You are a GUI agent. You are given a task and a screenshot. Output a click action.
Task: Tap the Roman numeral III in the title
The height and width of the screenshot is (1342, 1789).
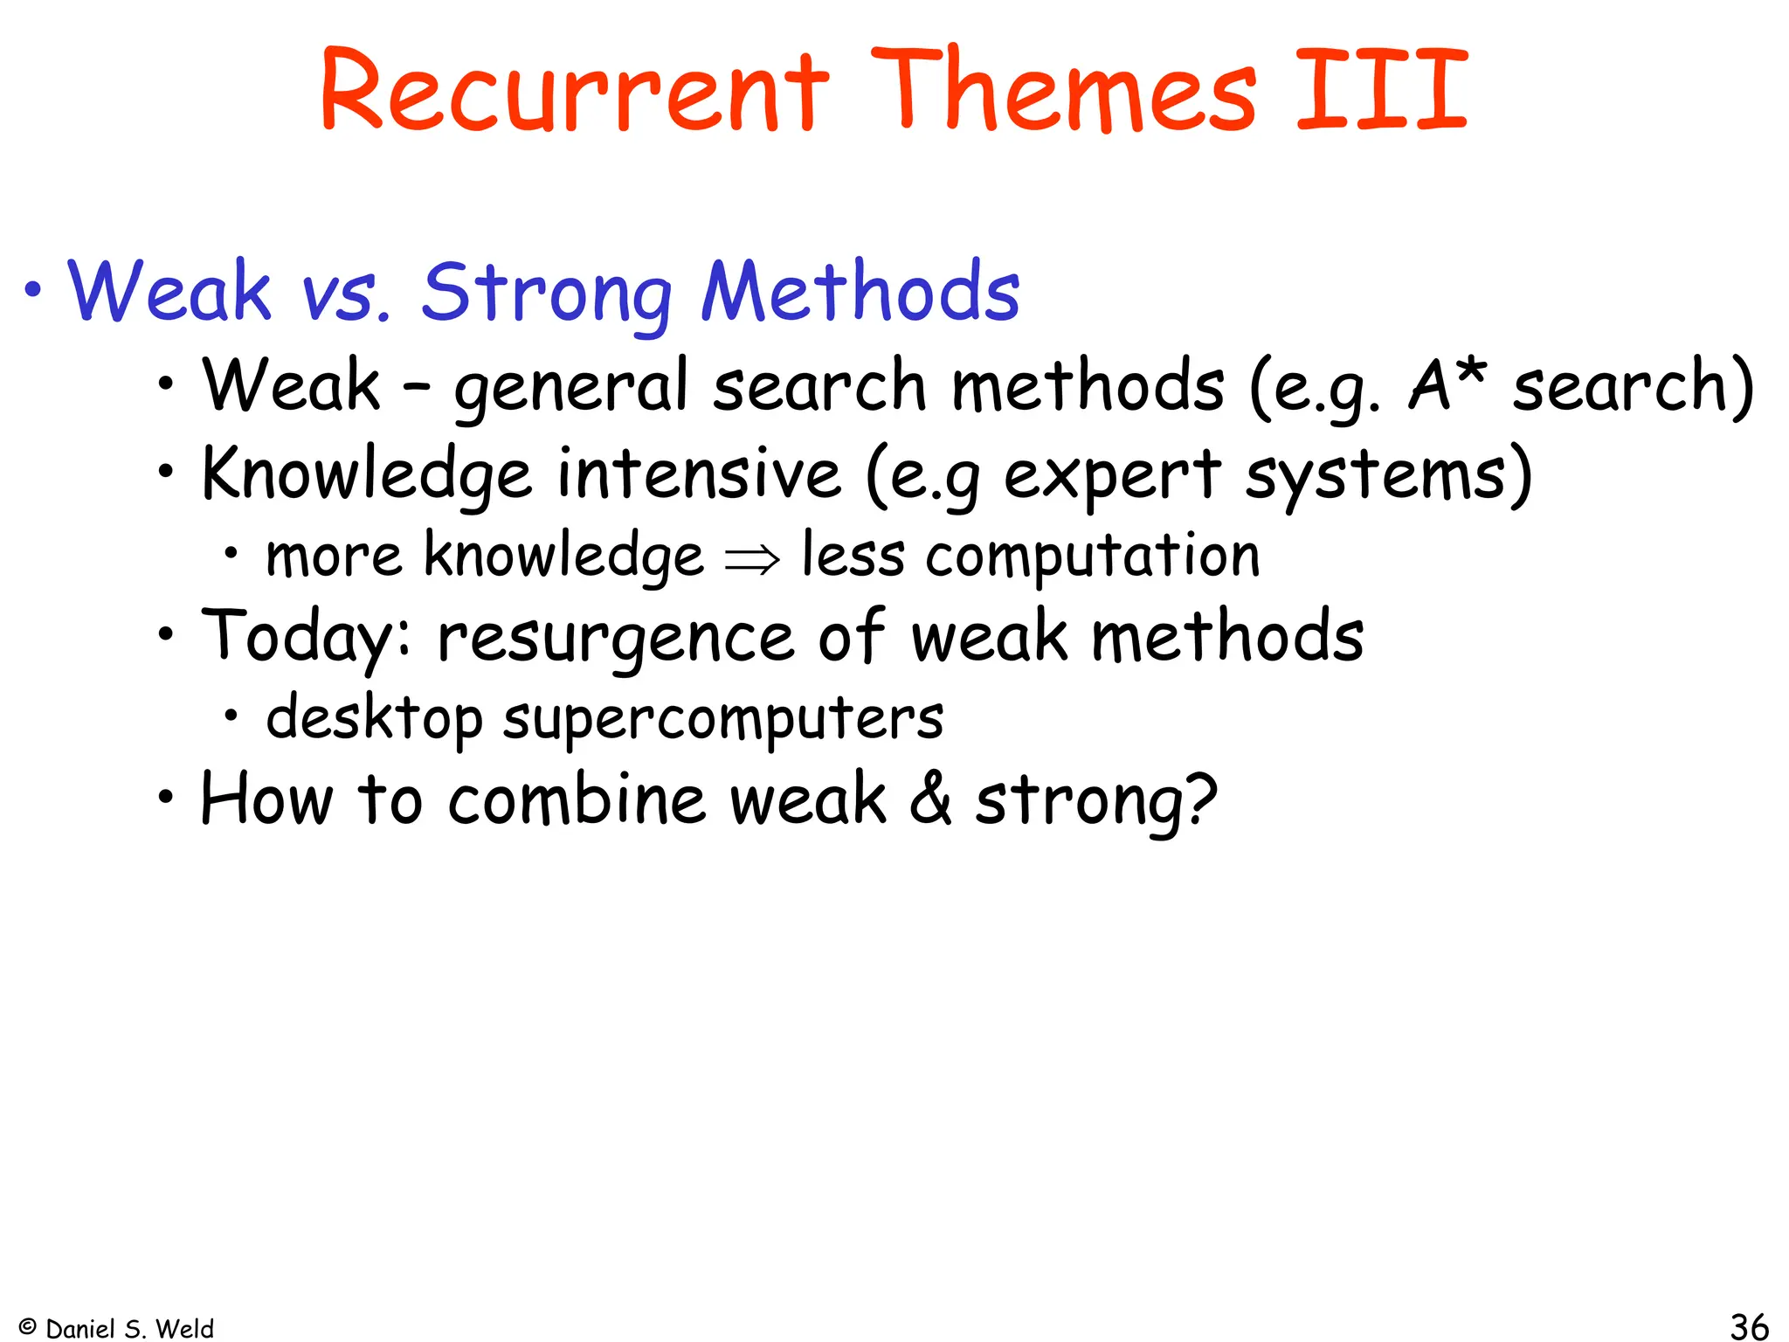(1381, 90)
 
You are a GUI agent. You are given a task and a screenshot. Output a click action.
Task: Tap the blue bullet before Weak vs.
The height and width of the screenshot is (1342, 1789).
(32, 290)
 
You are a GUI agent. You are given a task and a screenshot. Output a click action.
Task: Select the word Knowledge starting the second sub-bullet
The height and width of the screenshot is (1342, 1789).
(366, 474)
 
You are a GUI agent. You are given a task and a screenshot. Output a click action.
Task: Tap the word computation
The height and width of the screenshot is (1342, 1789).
(1093, 556)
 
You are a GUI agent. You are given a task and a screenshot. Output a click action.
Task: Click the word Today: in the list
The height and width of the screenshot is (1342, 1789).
(306, 636)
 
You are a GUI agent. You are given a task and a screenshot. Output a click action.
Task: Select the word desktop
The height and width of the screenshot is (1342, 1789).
(374, 718)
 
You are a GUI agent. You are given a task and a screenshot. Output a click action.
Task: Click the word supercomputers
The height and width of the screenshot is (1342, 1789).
(723, 718)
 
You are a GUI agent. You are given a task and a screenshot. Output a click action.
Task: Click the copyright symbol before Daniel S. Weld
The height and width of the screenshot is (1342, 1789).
(27, 1326)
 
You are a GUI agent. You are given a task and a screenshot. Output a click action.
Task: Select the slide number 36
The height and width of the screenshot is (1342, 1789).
(1749, 1325)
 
